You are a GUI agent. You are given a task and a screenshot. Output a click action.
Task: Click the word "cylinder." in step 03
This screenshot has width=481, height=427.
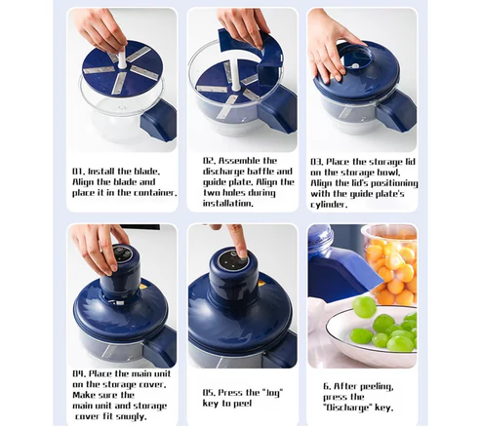pyautogui.click(x=329, y=205)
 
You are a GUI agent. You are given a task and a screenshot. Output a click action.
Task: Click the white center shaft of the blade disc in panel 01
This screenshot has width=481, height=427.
pyautogui.click(x=122, y=58)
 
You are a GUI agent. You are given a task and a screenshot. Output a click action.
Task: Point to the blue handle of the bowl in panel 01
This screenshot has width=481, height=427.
pyautogui.click(x=159, y=121)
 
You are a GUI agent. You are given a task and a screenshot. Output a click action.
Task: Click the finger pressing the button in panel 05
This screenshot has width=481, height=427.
pyautogui.click(x=239, y=241)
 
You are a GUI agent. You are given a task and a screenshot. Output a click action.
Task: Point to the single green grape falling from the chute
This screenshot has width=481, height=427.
pyautogui.click(x=365, y=307)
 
